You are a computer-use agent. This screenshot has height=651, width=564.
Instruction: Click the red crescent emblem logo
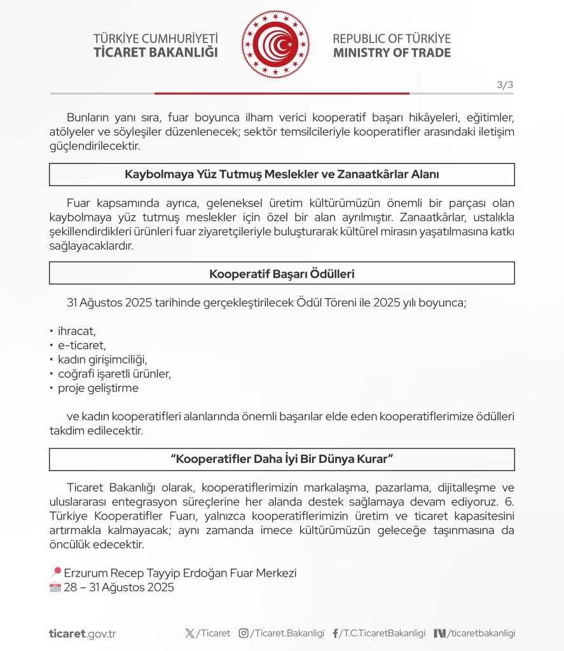276,45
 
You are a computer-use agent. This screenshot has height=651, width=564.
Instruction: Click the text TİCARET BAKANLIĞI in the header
156,53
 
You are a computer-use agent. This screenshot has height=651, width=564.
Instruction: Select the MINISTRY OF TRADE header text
392,53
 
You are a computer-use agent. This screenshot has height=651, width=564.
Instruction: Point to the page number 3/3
505,85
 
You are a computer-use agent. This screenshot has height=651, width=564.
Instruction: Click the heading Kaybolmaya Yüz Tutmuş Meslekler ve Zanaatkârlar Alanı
282,174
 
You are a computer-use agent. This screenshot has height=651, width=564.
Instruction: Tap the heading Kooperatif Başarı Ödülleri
282,273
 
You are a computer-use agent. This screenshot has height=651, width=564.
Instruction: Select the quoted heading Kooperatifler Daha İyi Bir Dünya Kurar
282,458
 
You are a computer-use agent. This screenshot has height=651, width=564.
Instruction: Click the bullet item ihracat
76,331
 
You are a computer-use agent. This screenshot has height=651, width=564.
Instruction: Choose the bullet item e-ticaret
81,345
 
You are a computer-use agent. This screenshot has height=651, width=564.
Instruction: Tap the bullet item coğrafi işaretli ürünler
114,373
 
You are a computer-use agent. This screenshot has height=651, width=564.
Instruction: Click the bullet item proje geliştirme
98,387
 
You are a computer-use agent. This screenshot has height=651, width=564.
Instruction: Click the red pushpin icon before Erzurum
55,573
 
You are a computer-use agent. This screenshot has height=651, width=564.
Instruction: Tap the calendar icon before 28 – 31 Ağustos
55,587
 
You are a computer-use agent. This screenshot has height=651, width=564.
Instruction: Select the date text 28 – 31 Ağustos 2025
119,587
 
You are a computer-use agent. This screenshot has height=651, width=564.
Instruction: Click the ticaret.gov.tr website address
83,633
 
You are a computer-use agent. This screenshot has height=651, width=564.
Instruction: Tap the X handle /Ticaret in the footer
208,633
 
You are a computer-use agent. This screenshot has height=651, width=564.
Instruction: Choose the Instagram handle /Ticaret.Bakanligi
282,633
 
